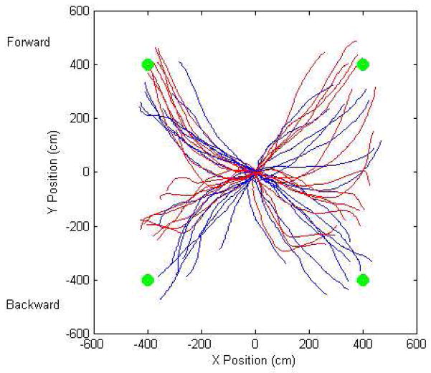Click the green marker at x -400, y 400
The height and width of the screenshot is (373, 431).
[148, 64]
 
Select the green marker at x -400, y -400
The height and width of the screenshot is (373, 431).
[148, 279]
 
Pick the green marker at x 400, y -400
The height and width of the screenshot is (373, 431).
[362, 279]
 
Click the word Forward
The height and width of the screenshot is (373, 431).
[28, 42]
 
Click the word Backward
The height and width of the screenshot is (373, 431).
[32, 304]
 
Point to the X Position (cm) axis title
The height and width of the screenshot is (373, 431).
[255, 361]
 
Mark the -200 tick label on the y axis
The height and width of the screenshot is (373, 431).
[76, 226]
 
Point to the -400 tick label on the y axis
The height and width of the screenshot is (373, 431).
[76, 279]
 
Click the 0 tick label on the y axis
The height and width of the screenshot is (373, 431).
[82, 172]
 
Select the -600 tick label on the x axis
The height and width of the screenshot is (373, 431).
[92, 344]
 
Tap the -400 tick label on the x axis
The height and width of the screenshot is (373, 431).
[146, 344]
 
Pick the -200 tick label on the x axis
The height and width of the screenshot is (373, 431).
[200, 344]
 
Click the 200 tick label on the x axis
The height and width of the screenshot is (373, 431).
[309, 344]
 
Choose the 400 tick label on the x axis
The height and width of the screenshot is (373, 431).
[363, 344]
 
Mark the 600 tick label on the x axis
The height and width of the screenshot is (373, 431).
[417, 344]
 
